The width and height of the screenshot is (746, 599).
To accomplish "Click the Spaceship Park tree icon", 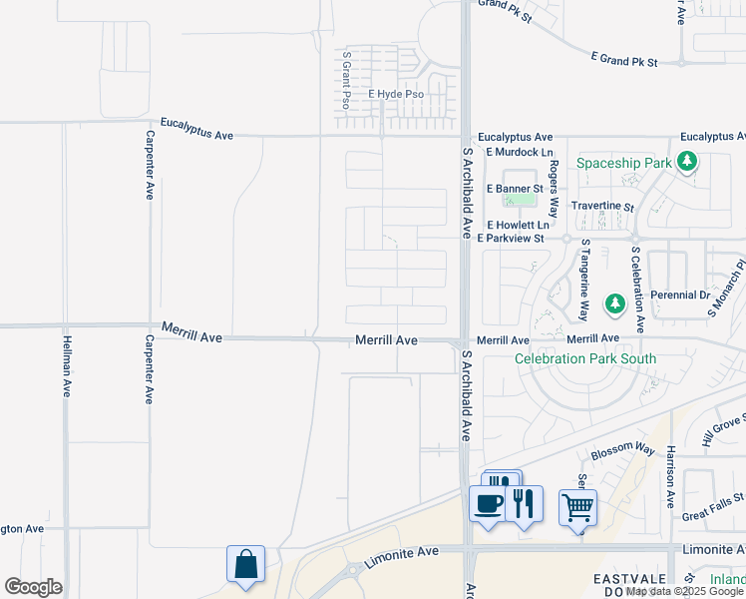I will coord(686,161).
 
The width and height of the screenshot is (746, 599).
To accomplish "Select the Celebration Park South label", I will coord(584,359).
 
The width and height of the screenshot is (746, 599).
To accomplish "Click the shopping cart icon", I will coord(577,508).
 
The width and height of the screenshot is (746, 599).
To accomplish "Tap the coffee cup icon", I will coord(488,503).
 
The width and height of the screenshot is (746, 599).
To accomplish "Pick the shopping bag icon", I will coord(245,564).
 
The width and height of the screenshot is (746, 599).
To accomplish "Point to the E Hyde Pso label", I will coord(396,95).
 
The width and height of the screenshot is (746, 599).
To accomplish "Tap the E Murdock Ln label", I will coord(519,152).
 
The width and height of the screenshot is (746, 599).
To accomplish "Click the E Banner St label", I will coord(515,188).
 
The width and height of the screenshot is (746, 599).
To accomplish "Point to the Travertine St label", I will coord(602,207).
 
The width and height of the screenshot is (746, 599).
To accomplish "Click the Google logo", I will coord(33,587).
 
